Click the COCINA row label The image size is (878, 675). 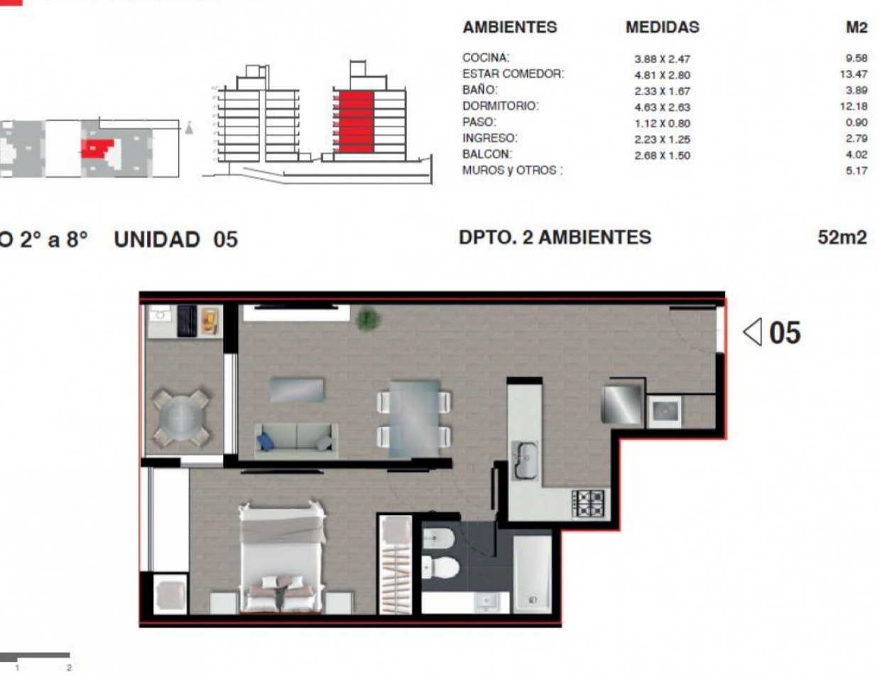tap(486, 58)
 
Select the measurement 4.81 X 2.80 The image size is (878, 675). tap(662, 75)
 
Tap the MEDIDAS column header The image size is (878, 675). tap(662, 28)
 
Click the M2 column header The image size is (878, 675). tap(857, 28)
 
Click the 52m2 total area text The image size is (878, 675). tap(842, 238)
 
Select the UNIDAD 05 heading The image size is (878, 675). tap(175, 239)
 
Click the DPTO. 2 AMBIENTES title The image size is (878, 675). tap(555, 237)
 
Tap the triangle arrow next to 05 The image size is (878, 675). tap(753, 331)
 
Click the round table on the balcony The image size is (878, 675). tap(180, 417)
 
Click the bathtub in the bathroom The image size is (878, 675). tap(532, 573)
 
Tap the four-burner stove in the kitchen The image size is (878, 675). tap(590, 503)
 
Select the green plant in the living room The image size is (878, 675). tap(367, 319)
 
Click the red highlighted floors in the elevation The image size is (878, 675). tap(354, 121)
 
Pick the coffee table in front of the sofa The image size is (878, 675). tap(296, 390)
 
